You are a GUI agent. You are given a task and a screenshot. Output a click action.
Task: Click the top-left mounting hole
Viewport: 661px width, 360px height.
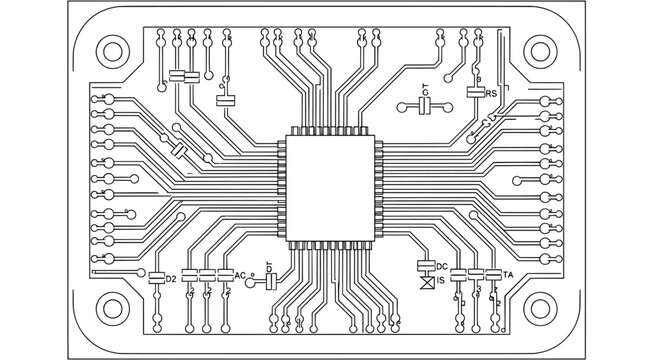[111, 52]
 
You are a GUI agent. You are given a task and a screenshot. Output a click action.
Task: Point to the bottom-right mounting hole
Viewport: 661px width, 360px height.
[540, 307]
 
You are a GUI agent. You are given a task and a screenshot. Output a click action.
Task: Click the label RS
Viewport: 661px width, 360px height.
[491, 93]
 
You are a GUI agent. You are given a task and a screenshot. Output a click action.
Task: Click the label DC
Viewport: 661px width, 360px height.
[441, 266]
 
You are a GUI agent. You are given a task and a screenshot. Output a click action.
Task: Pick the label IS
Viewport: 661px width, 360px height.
[441, 282]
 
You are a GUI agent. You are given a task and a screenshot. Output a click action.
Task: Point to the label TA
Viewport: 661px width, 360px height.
[508, 274]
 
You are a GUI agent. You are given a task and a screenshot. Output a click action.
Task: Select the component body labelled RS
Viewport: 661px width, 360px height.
[475, 92]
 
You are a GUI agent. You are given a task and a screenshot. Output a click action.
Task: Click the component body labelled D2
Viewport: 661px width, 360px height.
[156, 277]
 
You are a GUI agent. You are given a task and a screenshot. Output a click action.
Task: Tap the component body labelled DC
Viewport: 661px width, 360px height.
[425, 266]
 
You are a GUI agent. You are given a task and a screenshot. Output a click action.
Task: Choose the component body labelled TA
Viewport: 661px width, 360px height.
[493, 274]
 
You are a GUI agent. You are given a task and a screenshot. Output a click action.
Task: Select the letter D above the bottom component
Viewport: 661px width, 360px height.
[269, 262]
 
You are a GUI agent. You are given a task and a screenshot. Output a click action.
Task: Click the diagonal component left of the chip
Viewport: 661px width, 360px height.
[179, 151]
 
